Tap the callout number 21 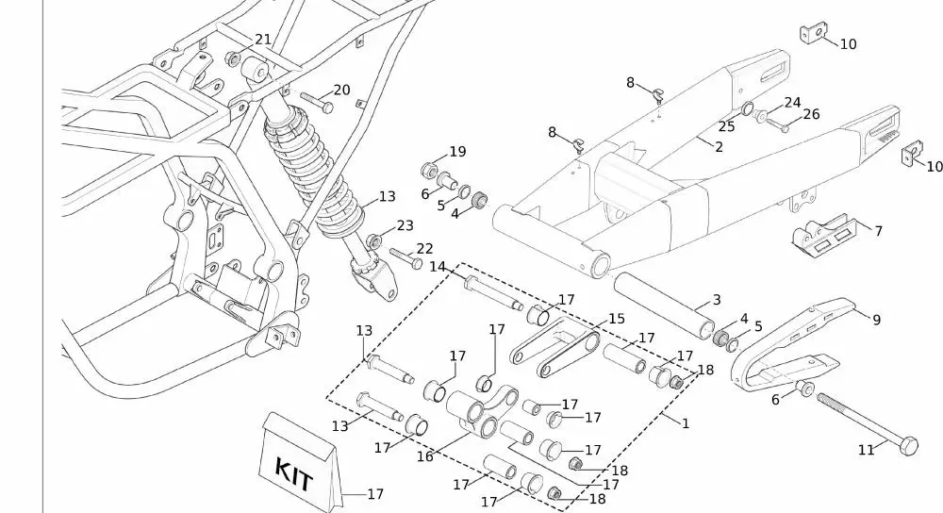[x=263, y=40]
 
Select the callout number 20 [x=341, y=91]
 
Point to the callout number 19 [x=457, y=152]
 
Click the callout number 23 [x=405, y=226]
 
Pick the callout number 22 [x=424, y=248]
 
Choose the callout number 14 [x=438, y=267]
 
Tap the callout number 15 [x=617, y=319]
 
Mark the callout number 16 [x=424, y=456]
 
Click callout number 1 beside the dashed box [x=686, y=423]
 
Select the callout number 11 [x=867, y=451]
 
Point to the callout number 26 [x=811, y=115]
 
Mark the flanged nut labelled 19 [x=427, y=171]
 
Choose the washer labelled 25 [x=747, y=109]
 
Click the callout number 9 [x=876, y=321]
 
